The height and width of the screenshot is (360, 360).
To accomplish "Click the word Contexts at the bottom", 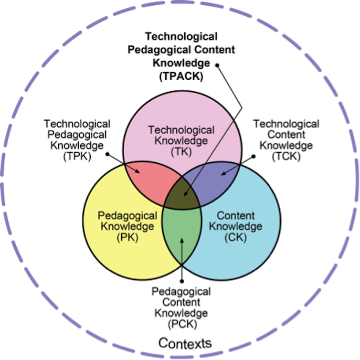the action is [185, 343].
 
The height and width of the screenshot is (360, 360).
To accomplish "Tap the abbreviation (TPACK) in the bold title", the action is [181, 76].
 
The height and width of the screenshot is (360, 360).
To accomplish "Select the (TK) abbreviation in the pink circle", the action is [181, 152].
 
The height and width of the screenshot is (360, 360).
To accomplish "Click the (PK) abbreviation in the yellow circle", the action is [127, 238].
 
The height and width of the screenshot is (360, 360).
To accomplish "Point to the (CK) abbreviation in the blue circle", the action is [236, 238].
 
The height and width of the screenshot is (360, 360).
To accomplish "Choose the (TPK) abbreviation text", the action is [77, 157].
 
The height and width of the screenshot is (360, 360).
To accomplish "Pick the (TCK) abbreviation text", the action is [286, 157].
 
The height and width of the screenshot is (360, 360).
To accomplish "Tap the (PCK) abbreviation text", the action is [182, 324].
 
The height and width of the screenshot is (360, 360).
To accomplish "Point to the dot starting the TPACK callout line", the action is [217, 65].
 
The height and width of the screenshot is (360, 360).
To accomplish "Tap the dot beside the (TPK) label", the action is [107, 154].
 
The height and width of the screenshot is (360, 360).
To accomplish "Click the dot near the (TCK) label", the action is [253, 156].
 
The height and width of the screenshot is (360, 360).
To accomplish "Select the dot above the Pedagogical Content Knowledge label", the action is [182, 281].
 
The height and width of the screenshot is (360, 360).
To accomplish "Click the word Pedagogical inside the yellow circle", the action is [127, 216].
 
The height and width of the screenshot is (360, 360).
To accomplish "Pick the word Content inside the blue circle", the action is [236, 216].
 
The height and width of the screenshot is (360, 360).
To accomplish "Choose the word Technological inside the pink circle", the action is [181, 130].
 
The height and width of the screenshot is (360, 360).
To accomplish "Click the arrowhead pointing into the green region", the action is [182, 241].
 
